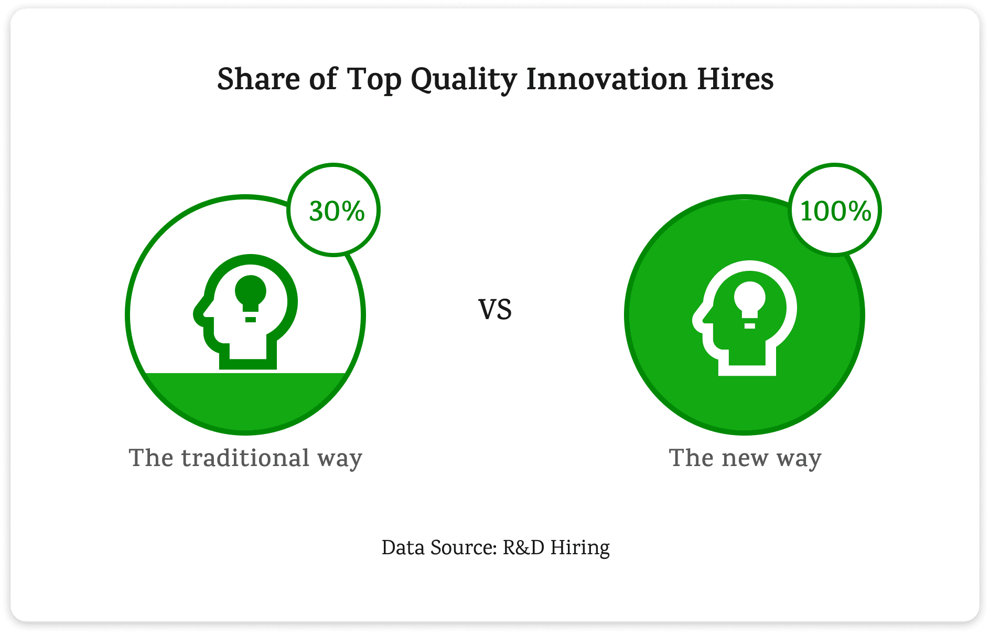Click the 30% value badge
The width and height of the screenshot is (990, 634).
point(333,210)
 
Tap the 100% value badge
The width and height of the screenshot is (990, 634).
point(835,210)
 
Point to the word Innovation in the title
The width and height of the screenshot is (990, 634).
point(607,80)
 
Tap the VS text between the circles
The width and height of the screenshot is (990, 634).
point(495,310)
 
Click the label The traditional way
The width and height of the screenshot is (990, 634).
point(245,458)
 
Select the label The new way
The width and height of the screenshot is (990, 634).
point(745,458)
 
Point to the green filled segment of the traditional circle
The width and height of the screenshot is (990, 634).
point(245,401)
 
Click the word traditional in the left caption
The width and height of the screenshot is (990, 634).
point(245,457)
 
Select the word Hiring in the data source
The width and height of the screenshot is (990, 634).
point(580,549)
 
